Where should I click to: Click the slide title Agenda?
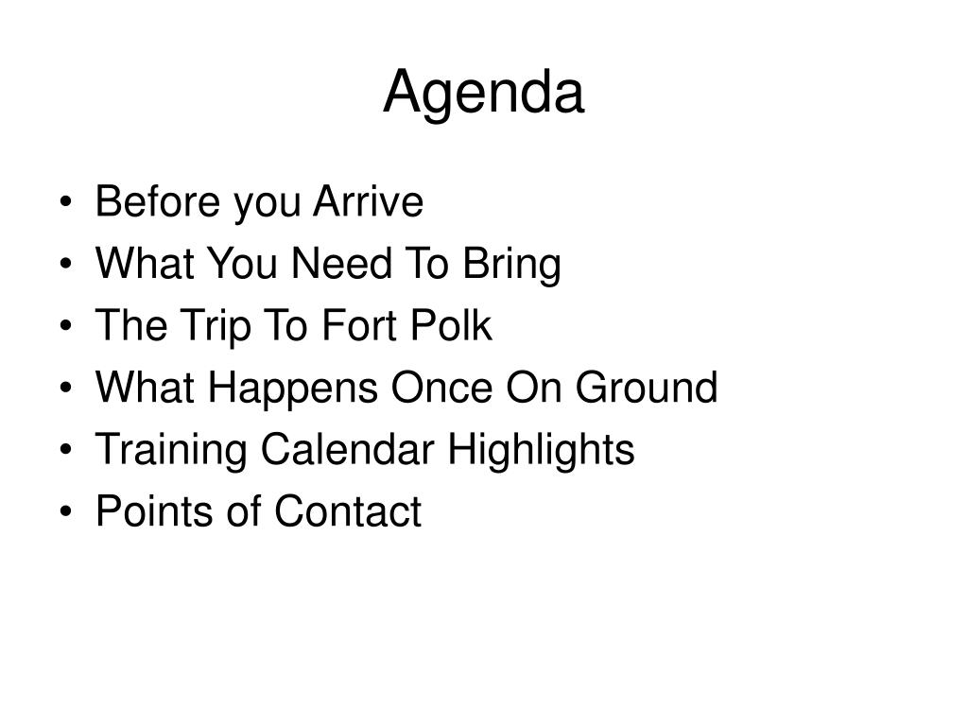coord(483,94)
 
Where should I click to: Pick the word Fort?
coord(359,325)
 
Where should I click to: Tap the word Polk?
coord(451,325)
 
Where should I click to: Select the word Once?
coord(442,387)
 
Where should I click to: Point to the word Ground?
coord(647,387)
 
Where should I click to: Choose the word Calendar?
coord(348,449)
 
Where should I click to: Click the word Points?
coord(154,510)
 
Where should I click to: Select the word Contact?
coord(348,510)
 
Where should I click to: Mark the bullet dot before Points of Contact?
coord(66,511)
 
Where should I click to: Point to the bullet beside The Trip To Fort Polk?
coord(66,325)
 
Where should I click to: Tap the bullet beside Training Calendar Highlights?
coord(66,449)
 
